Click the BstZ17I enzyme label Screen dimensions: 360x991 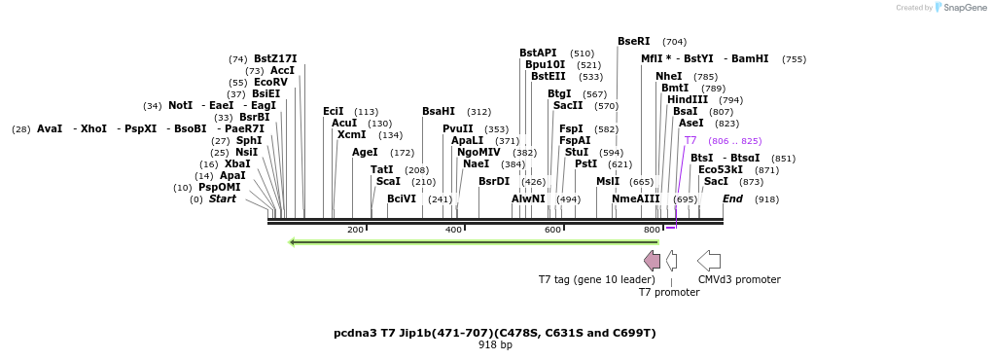[275, 58]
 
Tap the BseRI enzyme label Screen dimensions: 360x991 [633, 42]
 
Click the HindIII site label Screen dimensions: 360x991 [687, 99]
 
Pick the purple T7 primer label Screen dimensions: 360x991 [690, 141]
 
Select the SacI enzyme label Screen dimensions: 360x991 [716, 182]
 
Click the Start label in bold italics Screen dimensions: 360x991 [222, 199]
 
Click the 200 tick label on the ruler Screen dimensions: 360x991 [355, 230]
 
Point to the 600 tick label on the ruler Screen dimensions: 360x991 [552, 230]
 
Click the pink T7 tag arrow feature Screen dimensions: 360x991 [653, 260]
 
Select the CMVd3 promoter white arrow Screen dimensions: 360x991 [709, 260]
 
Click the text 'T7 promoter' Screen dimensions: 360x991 [668, 292]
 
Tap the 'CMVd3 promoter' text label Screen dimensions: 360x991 [739, 280]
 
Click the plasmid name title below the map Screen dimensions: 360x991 [495, 333]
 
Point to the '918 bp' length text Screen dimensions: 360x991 [495, 345]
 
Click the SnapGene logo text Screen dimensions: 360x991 [963, 8]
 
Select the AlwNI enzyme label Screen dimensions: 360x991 [528, 199]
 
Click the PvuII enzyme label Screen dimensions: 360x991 [457, 128]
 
